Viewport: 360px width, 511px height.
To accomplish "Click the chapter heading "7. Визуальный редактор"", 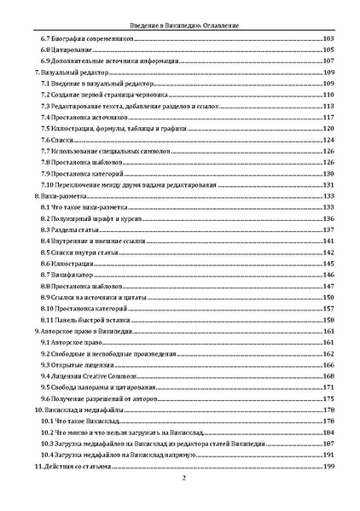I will (66, 74).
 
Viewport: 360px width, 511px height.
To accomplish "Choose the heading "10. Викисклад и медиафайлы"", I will (78, 409).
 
